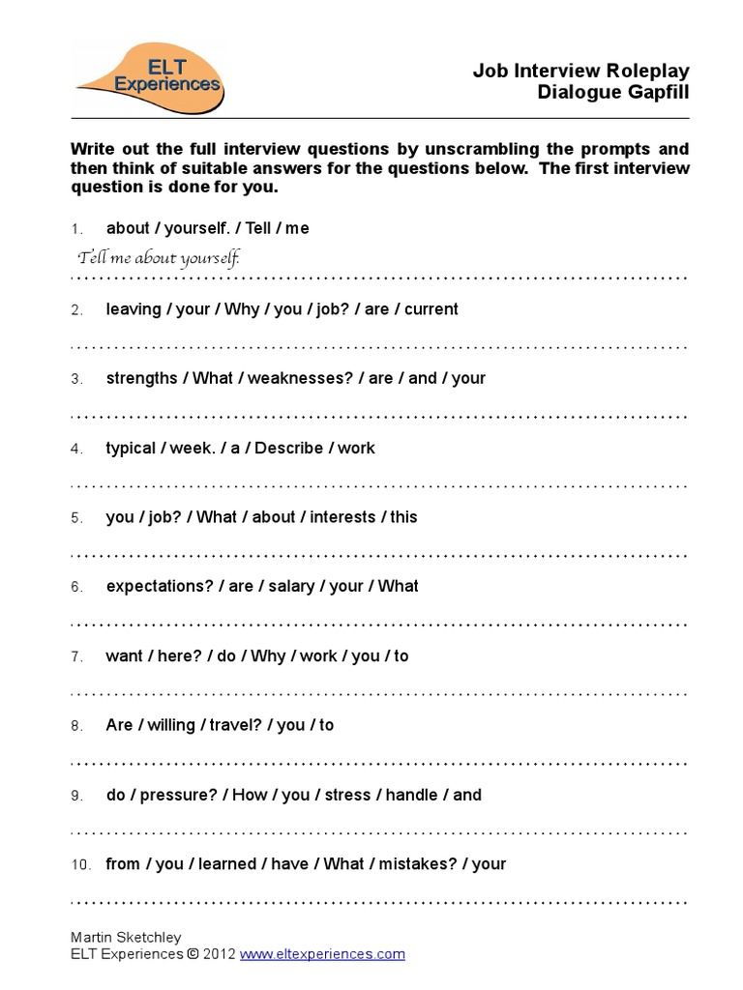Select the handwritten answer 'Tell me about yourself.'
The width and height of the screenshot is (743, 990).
click(x=159, y=258)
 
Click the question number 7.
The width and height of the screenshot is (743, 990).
click(x=76, y=656)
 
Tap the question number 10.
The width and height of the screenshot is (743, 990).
click(x=80, y=864)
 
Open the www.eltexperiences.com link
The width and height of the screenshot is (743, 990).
click(x=322, y=954)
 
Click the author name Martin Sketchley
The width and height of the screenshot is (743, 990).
click(x=127, y=937)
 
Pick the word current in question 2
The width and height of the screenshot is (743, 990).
click(x=431, y=309)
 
